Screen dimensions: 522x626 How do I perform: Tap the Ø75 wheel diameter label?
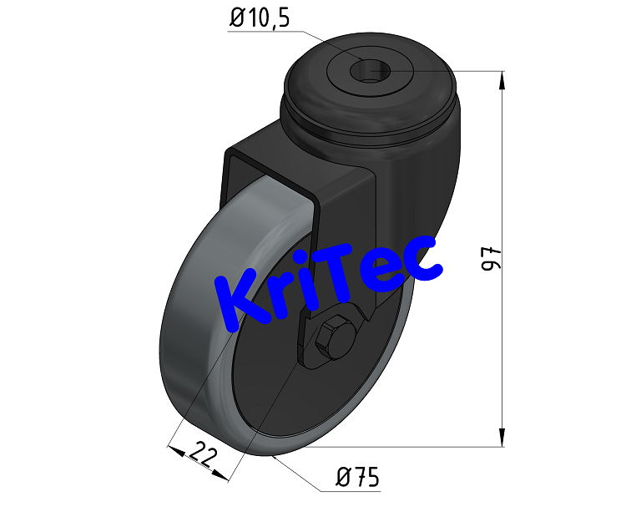point(357,478)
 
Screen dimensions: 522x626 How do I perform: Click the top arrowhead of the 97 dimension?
point(502,80)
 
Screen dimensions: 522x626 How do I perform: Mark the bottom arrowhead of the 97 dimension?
point(502,438)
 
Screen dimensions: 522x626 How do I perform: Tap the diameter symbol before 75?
point(342,478)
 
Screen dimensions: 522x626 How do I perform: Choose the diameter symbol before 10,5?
point(236,18)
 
